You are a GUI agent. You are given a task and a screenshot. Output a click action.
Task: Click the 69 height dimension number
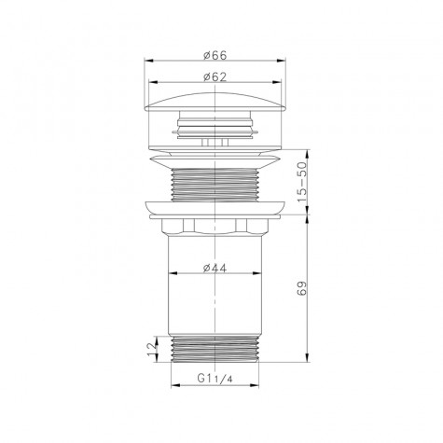click(300, 286)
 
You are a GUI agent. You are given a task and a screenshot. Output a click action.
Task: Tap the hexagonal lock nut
click(215, 228)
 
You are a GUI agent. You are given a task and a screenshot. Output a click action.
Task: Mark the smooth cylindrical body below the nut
click(215, 298)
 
